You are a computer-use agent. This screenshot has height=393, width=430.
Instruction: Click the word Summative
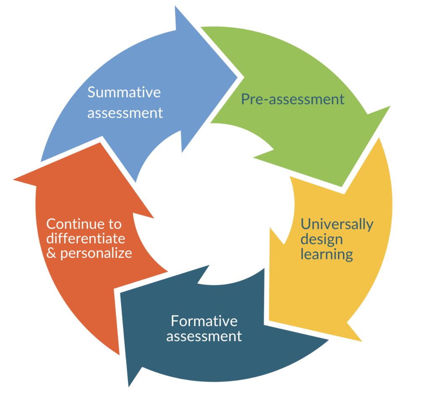124,92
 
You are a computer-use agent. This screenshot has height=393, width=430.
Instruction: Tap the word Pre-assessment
293,99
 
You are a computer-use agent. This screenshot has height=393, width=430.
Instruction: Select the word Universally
337,225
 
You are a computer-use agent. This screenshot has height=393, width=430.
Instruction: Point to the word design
322,240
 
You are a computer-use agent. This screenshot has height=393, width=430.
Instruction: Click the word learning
327,254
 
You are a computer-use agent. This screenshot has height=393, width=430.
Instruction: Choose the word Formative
204,321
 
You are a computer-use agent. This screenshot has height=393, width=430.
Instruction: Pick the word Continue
74,224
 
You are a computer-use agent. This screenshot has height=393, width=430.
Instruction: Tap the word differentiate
86,238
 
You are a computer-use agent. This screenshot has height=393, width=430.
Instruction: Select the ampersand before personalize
51,253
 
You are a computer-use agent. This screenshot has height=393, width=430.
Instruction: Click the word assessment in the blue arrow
125,113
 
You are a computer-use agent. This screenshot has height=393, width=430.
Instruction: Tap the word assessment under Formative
204,336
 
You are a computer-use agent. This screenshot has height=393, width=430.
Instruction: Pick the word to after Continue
115,225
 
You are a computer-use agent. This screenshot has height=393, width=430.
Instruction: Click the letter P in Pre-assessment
245,99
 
